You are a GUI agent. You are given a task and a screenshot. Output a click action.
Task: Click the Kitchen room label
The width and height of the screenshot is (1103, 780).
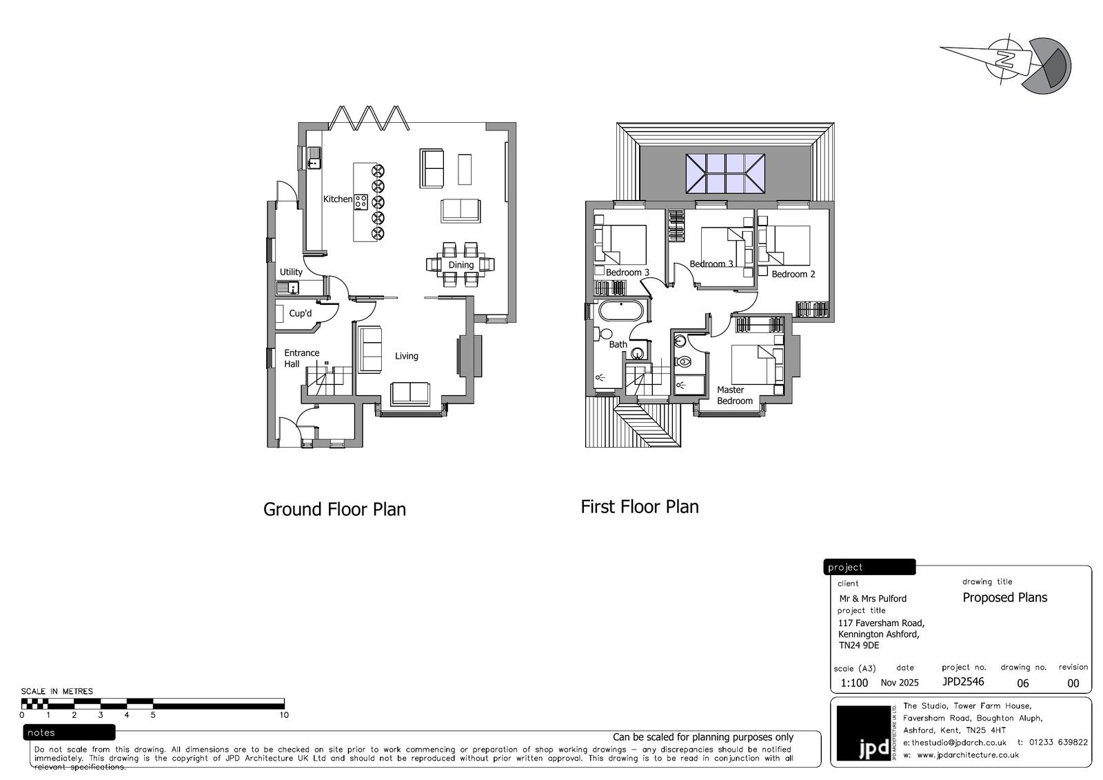click(x=338, y=199)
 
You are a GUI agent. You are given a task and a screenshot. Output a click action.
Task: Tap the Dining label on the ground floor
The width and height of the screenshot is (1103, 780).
click(x=461, y=265)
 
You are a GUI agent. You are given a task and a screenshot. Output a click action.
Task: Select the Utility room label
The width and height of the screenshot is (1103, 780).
click(x=291, y=272)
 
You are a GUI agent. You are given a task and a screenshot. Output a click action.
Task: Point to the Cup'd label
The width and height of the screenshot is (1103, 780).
click(x=301, y=313)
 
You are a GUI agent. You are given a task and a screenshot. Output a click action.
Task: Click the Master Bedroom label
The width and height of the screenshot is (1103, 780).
click(x=735, y=395)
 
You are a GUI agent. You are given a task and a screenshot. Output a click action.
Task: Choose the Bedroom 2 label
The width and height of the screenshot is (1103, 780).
click(x=793, y=274)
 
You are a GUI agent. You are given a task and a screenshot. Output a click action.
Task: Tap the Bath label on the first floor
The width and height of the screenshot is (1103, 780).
click(x=618, y=344)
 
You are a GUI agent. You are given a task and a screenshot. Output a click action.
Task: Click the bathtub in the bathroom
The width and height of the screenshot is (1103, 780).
click(x=621, y=312)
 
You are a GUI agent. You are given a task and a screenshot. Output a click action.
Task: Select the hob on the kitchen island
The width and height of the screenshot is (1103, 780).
click(x=361, y=202)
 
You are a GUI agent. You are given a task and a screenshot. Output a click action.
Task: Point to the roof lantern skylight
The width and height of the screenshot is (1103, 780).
click(x=725, y=173)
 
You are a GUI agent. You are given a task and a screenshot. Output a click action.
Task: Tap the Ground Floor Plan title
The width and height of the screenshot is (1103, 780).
click(x=335, y=510)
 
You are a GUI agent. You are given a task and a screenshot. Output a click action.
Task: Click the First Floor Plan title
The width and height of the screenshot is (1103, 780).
click(x=640, y=507)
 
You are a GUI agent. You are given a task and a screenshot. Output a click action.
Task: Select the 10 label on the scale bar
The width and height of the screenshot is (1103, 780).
click(x=284, y=715)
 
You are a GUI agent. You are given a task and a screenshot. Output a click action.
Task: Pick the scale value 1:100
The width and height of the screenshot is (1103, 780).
click(x=854, y=683)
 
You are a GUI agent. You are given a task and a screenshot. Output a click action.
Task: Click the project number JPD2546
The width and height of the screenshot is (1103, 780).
click(x=963, y=681)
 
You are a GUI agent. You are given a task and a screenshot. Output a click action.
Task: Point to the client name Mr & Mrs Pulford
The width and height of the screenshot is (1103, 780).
click(x=873, y=599)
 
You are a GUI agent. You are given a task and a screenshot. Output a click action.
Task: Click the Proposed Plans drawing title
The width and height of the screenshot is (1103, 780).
click(x=1005, y=598)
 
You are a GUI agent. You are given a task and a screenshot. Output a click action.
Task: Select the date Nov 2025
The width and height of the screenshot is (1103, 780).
click(x=900, y=683)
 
